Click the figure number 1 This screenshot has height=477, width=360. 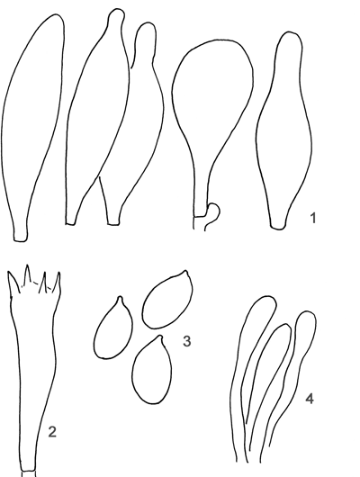point(313,218)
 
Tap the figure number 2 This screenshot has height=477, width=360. point(52,432)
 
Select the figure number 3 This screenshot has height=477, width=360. point(187,341)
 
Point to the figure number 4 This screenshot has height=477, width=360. point(310,399)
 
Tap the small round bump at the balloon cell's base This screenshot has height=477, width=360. point(214,211)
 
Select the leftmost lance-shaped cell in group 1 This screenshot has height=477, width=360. point(33,128)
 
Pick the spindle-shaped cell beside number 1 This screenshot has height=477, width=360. point(283,130)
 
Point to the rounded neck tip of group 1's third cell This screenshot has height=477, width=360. point(146,31)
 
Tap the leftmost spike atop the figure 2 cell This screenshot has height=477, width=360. point(13,282)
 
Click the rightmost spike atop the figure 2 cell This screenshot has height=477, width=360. point(57,282)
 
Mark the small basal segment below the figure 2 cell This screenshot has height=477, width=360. point(28,473)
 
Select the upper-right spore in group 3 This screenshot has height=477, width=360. point(167,300)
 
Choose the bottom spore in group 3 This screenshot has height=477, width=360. point(151,370)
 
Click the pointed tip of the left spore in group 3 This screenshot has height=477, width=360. point(120,298)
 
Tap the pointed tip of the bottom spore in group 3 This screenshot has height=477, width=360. point(160,337)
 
